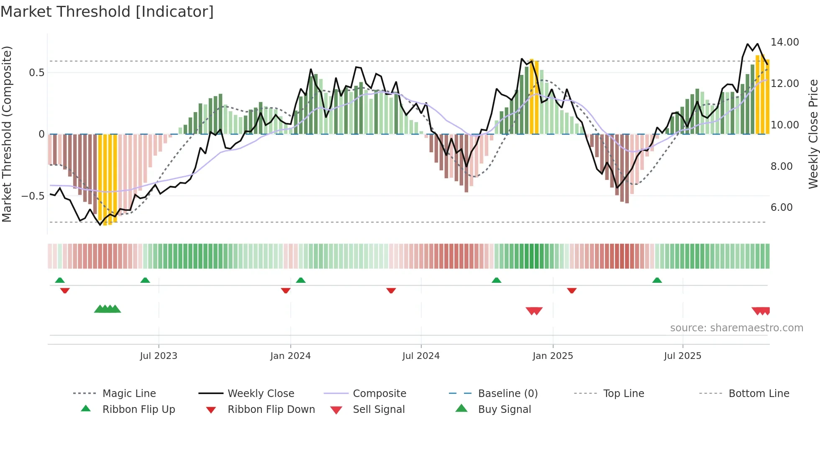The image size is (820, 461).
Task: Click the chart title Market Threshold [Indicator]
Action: pos(107,12)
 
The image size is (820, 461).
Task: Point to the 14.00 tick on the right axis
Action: pos(784,42)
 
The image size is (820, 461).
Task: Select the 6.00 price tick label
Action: pos(781,207)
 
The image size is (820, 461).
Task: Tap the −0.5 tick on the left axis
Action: pos(33,196)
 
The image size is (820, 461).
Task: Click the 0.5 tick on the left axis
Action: pos(36,73)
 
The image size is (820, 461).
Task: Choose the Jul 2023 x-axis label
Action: pos(159,356)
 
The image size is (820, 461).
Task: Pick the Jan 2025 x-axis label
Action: pos(553,356)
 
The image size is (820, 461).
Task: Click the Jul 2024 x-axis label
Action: pos(421,356)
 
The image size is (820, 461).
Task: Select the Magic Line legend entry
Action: pos(129,394)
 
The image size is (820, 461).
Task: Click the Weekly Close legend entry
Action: pos(261,394)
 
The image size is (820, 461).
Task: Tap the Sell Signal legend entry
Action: pos(379,410)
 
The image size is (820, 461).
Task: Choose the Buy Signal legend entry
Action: pos(504,410)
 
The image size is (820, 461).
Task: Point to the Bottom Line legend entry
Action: pos(758,394)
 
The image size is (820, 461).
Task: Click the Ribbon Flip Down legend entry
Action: pos(271,410)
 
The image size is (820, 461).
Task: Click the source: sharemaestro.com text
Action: pos(736,328)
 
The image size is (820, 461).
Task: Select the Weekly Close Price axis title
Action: pos(813,134)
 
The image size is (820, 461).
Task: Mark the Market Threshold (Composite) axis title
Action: pos(7,134)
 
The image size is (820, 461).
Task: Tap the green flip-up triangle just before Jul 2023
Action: pos(145,280)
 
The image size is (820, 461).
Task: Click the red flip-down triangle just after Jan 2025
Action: pos(572,290)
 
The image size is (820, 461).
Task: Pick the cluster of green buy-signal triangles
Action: pos(108,309)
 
